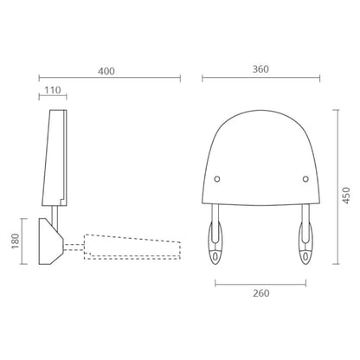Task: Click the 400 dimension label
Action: pos(106,71)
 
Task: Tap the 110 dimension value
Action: pos(53,90)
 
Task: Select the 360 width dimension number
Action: pos(260,69)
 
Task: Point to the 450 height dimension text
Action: pos(347,196)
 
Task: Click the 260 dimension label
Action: pos(261,293)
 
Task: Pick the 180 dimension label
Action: pos(16,241)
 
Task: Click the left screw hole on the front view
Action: pos(217,179)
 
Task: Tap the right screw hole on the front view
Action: pos(305,179)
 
